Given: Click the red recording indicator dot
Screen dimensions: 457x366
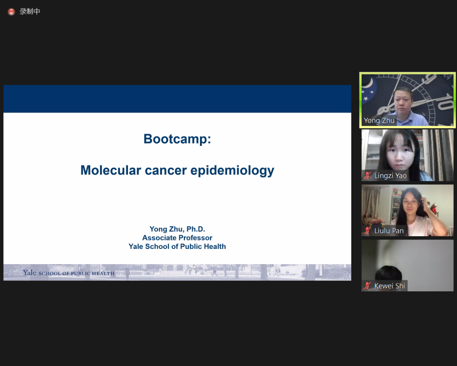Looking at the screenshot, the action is (x=12, y=12).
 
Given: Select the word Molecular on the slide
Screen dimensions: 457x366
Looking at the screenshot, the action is (x=111, y=170).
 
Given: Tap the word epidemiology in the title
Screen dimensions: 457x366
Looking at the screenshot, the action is (x=232, y=170).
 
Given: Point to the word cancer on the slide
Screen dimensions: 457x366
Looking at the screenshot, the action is (x=166, y=170).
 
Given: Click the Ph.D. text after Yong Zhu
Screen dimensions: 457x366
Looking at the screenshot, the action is (x=196, y=229).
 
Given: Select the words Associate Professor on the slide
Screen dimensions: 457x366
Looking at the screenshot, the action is (x=177, y=238).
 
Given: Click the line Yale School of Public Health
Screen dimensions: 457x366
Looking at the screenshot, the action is (x=177, y=246).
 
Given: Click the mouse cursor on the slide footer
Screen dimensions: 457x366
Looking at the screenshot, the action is (x=195, y=267).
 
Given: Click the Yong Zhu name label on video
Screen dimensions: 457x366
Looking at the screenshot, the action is (x=379, y=120).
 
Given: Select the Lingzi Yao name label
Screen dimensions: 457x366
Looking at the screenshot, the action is (x=390, y=175).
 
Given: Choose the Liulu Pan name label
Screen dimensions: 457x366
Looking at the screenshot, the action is (x=389, y=231).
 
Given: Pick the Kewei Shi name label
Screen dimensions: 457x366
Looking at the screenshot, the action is (x=390, y=286).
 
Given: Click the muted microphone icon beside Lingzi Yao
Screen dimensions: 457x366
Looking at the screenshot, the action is (x=367, y=175).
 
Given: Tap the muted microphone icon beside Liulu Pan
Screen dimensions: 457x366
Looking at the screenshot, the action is (x=367, y=231).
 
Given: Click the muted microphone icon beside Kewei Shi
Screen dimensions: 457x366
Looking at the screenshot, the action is (x=367, y=286).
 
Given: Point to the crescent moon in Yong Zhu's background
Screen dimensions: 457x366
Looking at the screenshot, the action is (x=369, y=83).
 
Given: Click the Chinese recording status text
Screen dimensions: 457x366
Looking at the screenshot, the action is (x=30, y=12).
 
